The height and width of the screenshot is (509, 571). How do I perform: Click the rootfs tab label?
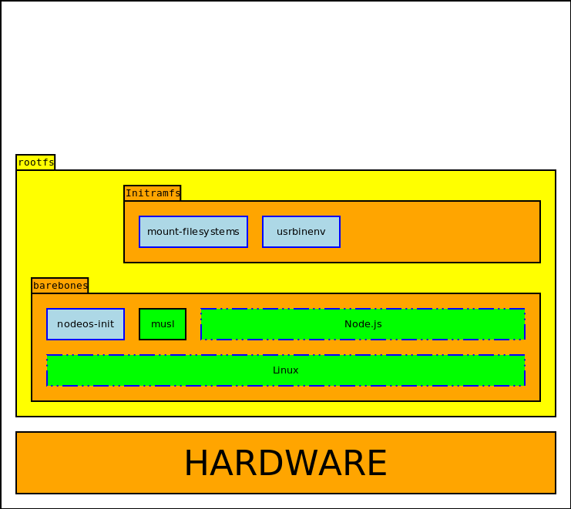[35, 162]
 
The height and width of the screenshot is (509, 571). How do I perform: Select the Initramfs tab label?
[153, 193]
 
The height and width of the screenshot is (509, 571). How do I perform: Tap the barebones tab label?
[60, 286]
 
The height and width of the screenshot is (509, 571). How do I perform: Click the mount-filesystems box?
[193, 232]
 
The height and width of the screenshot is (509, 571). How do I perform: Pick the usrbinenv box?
[301, 232]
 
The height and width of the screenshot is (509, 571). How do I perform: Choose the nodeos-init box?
[86, 324]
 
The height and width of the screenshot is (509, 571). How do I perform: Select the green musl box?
[163, 324]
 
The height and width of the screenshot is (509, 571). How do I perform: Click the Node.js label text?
[363, 324]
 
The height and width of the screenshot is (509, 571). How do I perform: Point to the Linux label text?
[286, 370]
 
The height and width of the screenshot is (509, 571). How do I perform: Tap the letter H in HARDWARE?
[196, 464]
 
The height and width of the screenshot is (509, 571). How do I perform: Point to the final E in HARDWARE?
[377, 464]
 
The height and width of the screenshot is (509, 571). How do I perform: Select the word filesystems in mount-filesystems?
[210, 232]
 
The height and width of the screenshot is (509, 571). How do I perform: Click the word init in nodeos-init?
[106, 324]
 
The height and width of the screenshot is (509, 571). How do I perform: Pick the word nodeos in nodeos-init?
[75, 324]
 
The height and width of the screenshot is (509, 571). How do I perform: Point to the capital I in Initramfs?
[128, 193]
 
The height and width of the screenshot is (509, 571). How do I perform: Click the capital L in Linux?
[275, 370]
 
